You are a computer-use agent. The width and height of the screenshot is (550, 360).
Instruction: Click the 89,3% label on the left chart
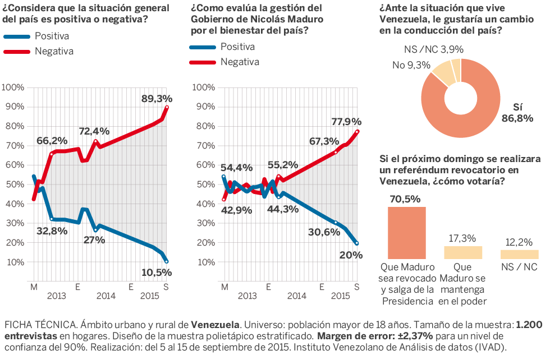point(157,99)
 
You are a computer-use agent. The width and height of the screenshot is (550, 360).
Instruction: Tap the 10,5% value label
point(157,273)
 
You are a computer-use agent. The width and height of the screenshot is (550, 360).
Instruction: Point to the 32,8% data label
point(52,230)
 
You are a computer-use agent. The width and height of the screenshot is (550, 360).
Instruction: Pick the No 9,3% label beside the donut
point(411,66)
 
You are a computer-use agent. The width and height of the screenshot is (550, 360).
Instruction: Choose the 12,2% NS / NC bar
point(519,254)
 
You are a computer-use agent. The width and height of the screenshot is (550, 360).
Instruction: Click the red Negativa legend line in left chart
point(17,52)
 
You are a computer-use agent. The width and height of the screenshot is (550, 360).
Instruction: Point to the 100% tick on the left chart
point(13,87)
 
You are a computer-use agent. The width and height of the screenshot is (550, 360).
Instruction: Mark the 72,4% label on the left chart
point(93,132)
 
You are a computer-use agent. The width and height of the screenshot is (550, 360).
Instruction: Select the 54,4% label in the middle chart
point(236,168)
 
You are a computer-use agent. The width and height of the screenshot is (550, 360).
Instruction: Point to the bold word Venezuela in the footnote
point(216,325)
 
